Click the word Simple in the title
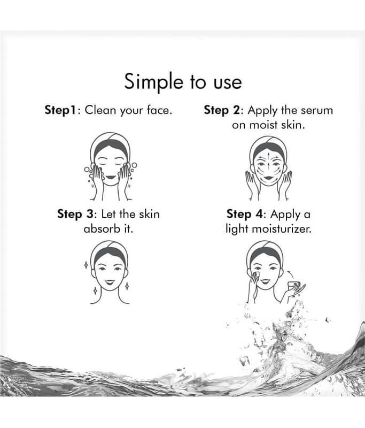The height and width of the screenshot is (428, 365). tap(154, 82)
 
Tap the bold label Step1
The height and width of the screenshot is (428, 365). tap(60, 110)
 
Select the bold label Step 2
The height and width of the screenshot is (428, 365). tap(222, 110)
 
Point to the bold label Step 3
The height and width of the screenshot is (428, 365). tap(75, 215)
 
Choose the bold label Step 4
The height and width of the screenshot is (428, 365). tap(245, 215)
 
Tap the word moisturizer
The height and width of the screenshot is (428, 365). tap(282, 229)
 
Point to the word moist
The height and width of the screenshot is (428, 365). tap(263, 125)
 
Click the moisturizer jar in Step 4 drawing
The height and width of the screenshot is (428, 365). tap(294, 285)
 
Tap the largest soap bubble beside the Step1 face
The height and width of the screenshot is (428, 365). tap(134, 165)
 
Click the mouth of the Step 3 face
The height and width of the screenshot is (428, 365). tap(110, 282)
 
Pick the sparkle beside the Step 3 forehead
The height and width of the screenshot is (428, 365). tap(86, 264)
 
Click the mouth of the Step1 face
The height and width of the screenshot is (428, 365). tap(111, 177)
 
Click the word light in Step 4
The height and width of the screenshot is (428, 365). tap(236, 229)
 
